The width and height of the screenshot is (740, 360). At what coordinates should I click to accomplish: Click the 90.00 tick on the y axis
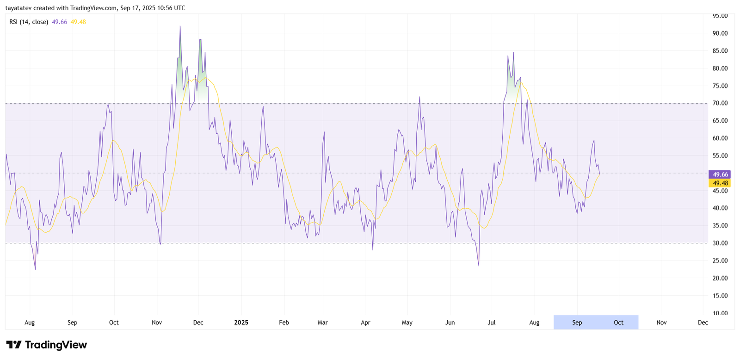[x=720, y=33]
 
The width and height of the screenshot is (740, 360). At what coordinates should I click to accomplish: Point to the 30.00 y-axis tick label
[x=720, y=243]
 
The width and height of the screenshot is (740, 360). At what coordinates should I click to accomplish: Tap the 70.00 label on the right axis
[x=720, y=103]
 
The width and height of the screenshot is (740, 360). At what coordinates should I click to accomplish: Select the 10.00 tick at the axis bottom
[x=720, y=313]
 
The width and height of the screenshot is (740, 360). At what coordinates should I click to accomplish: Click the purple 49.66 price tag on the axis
[x=720, y=174]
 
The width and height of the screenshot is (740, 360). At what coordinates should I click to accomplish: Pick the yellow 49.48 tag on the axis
[x=720, y=183]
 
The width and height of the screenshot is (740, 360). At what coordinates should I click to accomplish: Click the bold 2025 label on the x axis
[x=241, y=323]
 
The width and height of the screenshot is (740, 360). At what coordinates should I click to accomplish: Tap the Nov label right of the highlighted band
[x=661, y=323]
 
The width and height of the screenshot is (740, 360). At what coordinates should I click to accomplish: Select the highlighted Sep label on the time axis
[x=577, y=323]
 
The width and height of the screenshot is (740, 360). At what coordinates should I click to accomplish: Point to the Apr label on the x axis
[x=365, y=323]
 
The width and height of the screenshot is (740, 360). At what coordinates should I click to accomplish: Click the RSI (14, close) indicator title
[x=29, y=22]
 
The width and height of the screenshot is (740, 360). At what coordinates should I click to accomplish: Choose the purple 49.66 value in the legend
[x=59, y=22]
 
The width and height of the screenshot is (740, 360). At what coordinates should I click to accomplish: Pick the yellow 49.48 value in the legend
[x=78, y=22]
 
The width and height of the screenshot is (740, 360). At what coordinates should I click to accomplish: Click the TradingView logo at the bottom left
[x=46, y=345]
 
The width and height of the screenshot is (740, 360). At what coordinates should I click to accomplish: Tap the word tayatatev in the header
[x=18, y=8]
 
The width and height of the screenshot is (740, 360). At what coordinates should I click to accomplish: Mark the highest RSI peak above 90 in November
[x=180, y=26]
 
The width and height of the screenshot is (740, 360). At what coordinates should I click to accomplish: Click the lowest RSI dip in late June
[x=479, y=266]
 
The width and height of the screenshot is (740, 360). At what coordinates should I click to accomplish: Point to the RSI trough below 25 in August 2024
[x=35, y=269]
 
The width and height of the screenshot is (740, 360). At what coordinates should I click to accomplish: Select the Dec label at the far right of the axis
[x=703, y=323]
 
